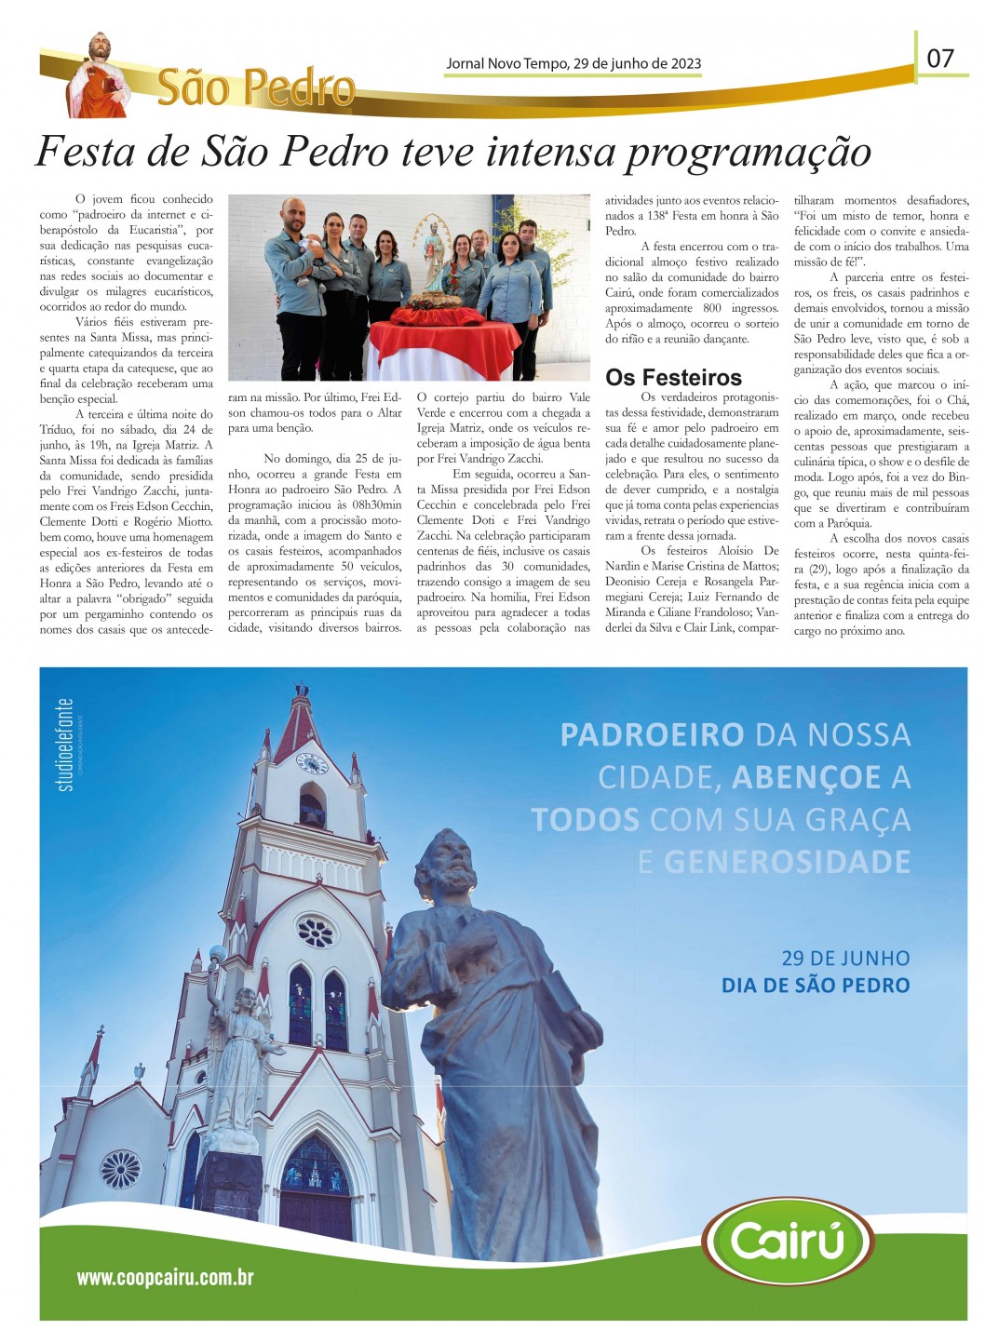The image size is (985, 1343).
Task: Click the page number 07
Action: coord(939,58)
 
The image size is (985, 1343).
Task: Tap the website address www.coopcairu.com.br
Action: coord(165,1277)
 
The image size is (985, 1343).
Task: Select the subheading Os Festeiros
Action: coord(673,377)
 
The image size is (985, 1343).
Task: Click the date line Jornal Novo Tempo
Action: coord(573,63)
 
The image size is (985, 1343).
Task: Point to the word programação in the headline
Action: coord(749,152)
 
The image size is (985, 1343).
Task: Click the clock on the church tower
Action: coord(311,763)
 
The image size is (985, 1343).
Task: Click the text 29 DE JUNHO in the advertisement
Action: coord(845,958)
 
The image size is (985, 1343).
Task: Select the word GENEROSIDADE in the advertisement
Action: coord(787,862)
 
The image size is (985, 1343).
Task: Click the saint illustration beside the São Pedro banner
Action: coord(98,77)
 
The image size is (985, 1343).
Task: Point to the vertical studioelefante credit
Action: coord(65,745)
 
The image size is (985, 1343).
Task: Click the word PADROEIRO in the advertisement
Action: coord(652,735)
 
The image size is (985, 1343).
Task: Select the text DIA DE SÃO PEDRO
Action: coord(816,985)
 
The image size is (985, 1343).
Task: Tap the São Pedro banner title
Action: coord(256,87)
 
